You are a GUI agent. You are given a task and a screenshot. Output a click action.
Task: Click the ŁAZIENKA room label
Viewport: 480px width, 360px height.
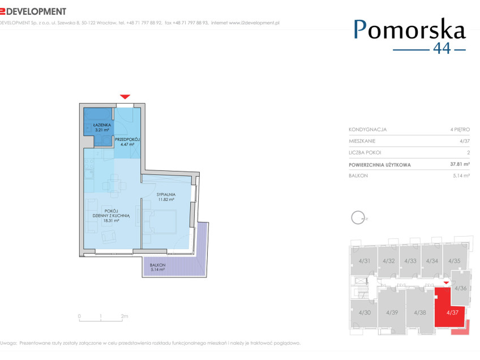tap(102, 125)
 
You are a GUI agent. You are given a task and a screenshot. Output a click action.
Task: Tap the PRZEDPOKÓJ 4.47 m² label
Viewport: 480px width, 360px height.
tap(127, 142)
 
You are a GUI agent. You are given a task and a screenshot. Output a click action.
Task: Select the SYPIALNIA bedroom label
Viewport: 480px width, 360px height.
tap(166, 194)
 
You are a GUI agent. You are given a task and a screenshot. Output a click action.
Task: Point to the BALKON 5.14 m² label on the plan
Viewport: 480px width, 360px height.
tap(158, 267)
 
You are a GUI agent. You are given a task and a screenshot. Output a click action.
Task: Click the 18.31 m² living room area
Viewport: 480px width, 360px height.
tap(111, 220)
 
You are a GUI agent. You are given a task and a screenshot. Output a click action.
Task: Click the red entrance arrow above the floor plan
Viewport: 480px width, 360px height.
tap(125, 97)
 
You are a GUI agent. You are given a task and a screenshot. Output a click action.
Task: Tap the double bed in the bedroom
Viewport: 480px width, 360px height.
tap(160, 222)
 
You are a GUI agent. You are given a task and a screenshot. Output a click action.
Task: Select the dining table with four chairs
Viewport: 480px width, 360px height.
tap(114, 186)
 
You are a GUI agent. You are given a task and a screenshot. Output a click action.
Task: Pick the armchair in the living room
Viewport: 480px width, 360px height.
tap(108, 237)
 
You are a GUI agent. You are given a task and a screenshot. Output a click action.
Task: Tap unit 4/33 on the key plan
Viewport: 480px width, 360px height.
tap(410, 261)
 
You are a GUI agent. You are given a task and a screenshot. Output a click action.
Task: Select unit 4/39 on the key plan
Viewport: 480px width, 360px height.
tap(392, 312)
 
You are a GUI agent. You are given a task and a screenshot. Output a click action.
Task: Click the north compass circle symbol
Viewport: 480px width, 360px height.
tap(358, 218)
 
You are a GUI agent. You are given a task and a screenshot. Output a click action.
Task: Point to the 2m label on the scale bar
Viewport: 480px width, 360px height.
tap(125, 316)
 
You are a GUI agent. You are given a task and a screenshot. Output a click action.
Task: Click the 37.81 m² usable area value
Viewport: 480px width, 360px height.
tap(460, 164)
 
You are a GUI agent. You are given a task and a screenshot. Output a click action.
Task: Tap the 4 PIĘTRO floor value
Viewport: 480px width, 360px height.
tap(460, 130)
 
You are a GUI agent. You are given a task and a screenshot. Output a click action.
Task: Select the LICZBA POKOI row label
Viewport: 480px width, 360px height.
tap(365, 152)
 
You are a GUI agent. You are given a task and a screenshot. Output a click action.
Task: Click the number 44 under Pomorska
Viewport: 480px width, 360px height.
tap(442, 48)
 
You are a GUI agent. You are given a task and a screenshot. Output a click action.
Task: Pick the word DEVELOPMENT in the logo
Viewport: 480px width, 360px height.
tap(36, 12)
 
